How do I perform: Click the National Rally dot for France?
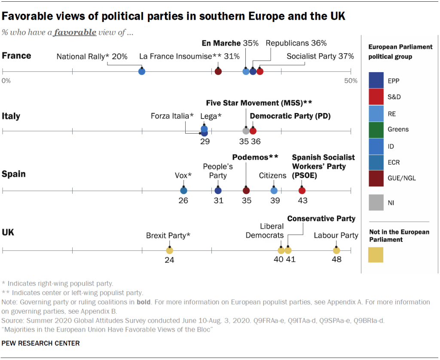pyautogui.click(x=142, y=71)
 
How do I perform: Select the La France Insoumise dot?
pyautogui.click(x=218, y=71)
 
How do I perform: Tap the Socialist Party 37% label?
pyautogui.click(x=320, y=56)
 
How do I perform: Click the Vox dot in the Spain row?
pyautogui.click(x=183, y=190)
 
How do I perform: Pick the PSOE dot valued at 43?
pyautogui.click(x=302, y=190)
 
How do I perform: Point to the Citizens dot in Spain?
pyautogui.click(x=274, y=190)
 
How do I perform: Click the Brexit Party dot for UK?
pyautogui.click(x=169, y=250)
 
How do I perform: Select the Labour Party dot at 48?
pyautogui.click(x=336, y=250)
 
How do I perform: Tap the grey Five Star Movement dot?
pyautogui.click(x=246, y=131)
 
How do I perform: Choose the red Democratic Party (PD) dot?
pyautogui.click(x=253, y=131)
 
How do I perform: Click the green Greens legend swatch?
pyautogui.click(x=376, y=129)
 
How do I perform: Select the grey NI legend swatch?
pyautogui.click(x=376, y=202)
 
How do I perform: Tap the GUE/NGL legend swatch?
pyautogui.click(x=376, y=178)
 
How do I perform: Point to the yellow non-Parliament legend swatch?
pyautogui.click(x=376, y=255)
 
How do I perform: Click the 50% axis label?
pyautogui.click(x=351, y=81)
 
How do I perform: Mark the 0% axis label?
pyautogui.click(x=6, y=81)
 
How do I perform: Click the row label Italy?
pyautogui.click(x=11, y=116)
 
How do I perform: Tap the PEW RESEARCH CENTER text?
pyautogui.click(x=41, y=343)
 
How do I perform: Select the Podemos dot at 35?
pyautogui.click(x=246, y=190)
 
